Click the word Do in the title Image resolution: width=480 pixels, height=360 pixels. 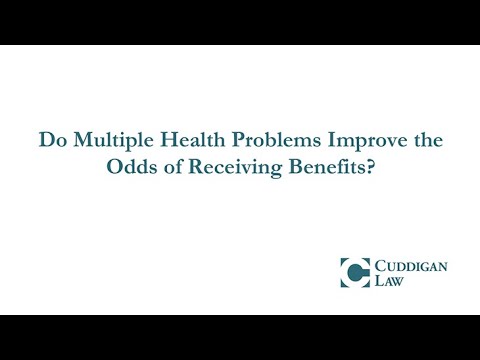coord(50,142)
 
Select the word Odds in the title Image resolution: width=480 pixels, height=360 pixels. coord(130,167)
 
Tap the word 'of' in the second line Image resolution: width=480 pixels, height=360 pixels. coord(166,167)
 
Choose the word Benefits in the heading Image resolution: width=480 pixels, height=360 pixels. coord(305,167)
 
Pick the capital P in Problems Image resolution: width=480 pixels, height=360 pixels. coord(209,142)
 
